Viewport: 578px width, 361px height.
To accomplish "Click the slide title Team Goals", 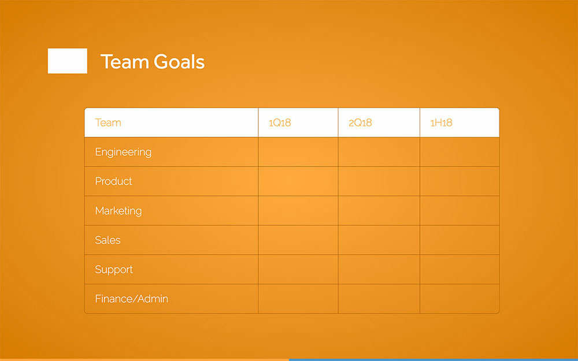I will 153,62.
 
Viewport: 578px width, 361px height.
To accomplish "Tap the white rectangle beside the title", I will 68,61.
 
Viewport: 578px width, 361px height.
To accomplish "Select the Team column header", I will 108,122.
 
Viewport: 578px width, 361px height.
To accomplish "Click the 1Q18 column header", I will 280,122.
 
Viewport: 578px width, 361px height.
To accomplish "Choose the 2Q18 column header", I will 360,122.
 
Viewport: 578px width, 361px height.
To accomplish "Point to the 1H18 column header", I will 441,122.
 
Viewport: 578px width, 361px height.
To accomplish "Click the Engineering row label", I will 123,152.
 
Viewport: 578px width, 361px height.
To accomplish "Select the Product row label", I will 113,181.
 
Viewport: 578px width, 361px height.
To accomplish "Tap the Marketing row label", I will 118,211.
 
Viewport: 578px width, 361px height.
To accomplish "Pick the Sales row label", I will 108,240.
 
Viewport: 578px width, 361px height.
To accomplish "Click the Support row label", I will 114,270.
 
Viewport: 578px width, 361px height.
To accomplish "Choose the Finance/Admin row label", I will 131,299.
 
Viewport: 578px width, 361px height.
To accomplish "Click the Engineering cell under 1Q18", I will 298,152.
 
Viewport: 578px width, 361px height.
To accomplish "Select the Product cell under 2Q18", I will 379,181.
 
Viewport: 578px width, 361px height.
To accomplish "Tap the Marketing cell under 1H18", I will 460,211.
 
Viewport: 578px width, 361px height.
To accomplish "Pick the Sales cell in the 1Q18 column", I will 298,240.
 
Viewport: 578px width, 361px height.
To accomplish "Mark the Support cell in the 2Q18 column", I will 379,270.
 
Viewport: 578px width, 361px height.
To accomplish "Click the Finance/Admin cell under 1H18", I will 460,299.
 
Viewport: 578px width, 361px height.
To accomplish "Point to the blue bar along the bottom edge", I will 433,359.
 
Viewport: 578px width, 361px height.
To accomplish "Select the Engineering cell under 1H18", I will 460,152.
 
